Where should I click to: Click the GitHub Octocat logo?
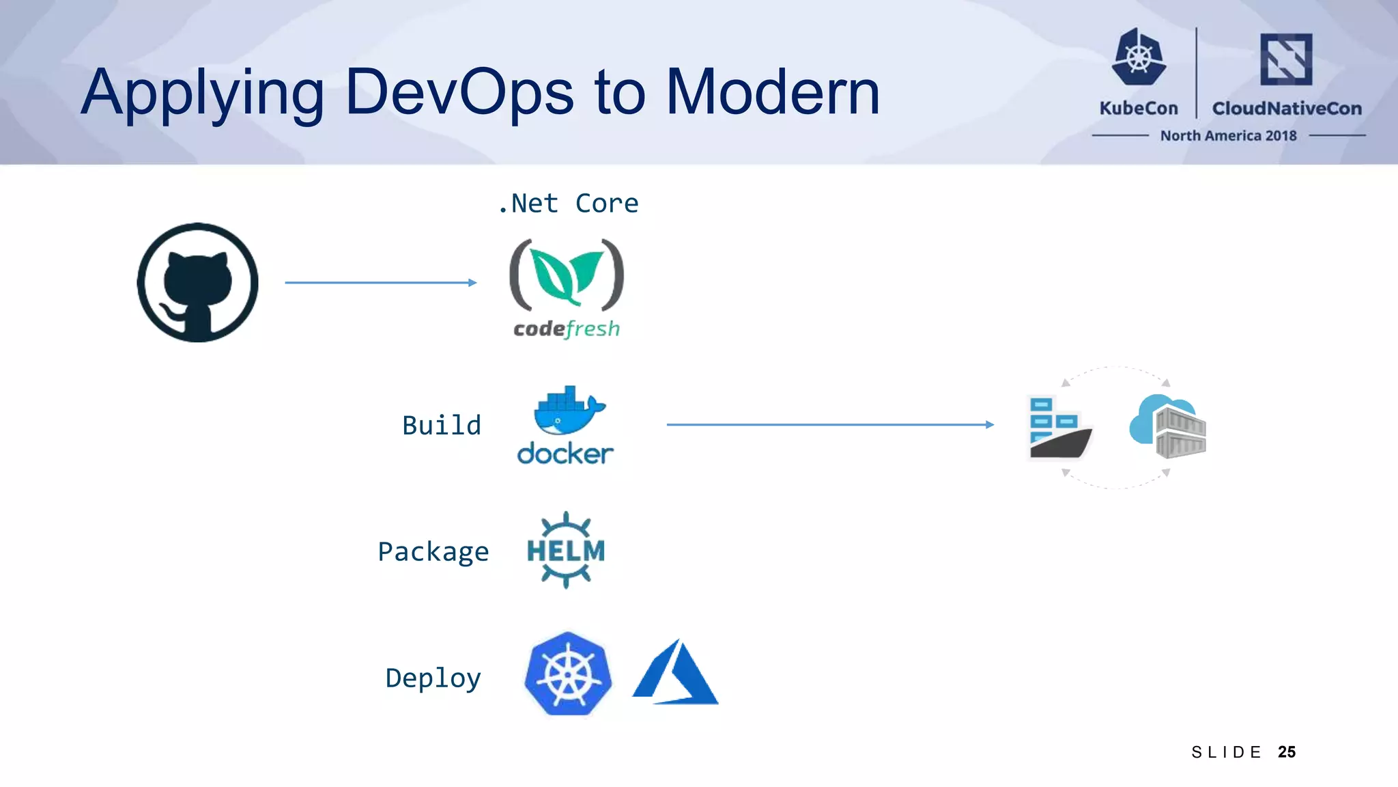click(x=197, y=282)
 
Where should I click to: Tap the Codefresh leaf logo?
click(x=567, y=275)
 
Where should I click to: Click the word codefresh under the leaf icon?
click(x=567, y=329)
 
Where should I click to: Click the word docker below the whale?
click(x=565, y=454)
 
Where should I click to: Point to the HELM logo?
click(x=566, y=550)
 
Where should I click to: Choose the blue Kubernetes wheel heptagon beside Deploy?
click(x=567, y=674)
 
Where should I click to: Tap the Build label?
click(x=442, y=426)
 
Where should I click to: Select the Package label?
click(x=433, y=552)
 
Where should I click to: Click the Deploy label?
click(x=433, y=678)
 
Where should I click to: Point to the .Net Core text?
click(x=568, y=204)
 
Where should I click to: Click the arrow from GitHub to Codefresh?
click(x=380, y=282)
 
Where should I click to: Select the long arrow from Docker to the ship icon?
click(x=829, y=424)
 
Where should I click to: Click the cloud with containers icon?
click(x=1168, y=426)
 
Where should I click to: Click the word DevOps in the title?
click(x=459, y=92)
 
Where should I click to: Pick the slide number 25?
click(x=1287, y=752)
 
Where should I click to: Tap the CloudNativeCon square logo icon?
click(x=1286, y=59)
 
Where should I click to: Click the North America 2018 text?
click(x=1228, y=136)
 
